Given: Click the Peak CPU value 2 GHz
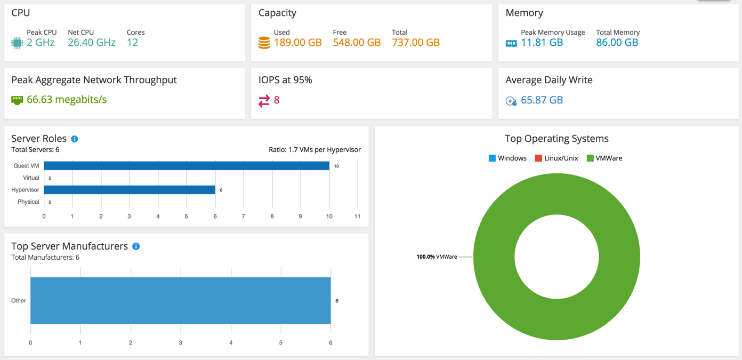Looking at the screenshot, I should coord(41,43).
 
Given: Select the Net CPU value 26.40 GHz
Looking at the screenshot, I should coord(91,43).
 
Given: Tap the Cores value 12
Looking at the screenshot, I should coord(132,43).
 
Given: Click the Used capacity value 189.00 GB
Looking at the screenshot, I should coord(297,43).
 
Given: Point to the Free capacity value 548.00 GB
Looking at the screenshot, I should coord(357,43).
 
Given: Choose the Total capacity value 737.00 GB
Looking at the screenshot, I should coord(415,43).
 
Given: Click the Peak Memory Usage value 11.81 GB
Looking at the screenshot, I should coord(542,43).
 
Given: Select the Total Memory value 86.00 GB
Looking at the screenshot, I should coord(617,43).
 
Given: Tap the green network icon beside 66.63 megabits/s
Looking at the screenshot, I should coord(17,100).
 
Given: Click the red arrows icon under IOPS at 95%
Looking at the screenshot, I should coord(264,100).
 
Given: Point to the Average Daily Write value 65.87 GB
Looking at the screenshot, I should coord(542,100).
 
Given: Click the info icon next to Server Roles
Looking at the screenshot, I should coord(75,139).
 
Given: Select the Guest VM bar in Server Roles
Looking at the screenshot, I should coord(187,166).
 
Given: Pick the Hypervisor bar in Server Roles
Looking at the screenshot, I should coord(130,190).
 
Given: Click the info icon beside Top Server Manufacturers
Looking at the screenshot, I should coord(136,246).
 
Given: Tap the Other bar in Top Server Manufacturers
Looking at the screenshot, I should coord(180,300).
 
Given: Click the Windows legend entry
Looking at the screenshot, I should coord(507,158).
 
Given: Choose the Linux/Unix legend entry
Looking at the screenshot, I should coord(556,158).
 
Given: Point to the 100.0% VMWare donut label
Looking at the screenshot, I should coord(437,257).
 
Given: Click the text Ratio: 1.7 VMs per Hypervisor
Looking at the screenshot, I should coord(314,150).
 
